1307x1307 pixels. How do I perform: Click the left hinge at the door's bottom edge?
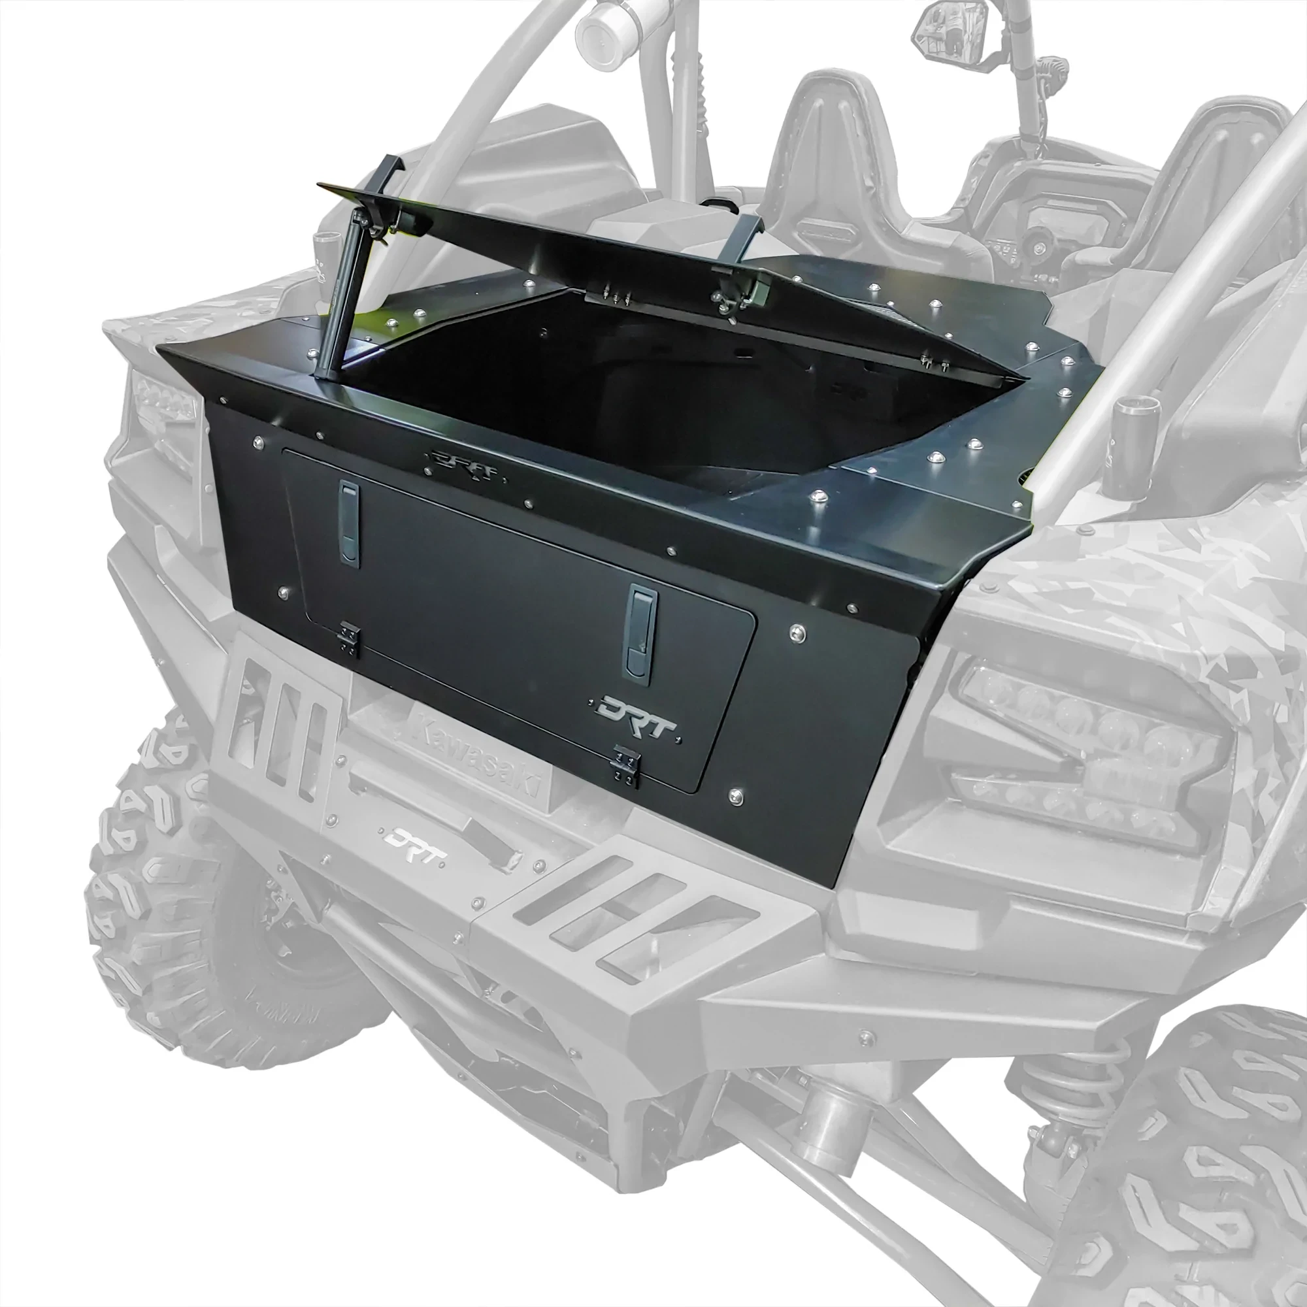(x=349, y=638)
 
